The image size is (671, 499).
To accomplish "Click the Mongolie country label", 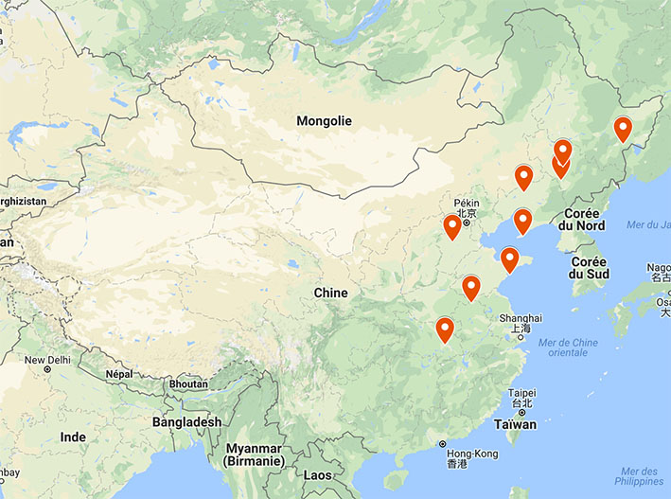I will [324, 121].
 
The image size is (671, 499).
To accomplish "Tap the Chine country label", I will [331, 293].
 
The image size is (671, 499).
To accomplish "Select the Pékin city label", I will [467, 203].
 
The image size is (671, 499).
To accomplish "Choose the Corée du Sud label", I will [589, 267].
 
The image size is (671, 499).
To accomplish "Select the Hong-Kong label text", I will [470, 453].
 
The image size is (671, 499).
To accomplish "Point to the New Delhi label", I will [48, 360].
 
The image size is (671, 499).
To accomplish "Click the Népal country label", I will [117, 374].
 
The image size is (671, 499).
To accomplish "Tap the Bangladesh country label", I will [186, 421].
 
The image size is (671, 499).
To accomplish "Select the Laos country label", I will [319, 475].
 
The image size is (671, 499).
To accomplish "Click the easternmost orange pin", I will [623, 128].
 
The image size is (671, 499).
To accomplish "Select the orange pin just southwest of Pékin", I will [452, 227].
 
